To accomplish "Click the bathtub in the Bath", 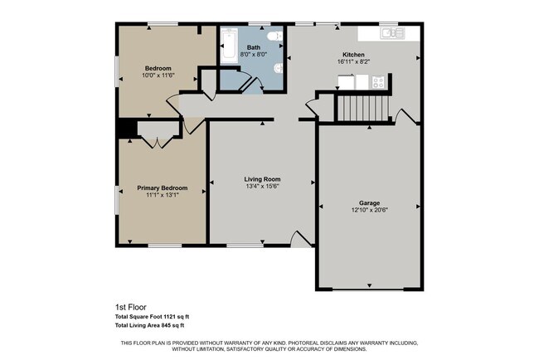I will pos(229,46).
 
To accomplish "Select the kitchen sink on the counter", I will pos(391,34).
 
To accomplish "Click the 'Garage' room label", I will pos(369,202).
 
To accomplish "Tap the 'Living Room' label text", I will pos(262,179).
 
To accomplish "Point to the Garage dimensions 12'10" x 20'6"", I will pos(369,210).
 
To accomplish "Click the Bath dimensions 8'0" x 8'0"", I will pos(253,55).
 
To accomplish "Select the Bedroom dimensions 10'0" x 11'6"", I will pos(158,75).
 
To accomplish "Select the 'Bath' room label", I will pos(253,47).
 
